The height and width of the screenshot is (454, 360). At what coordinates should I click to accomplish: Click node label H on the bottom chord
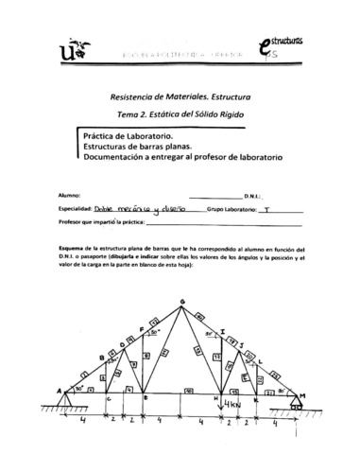tap(216, 399)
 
